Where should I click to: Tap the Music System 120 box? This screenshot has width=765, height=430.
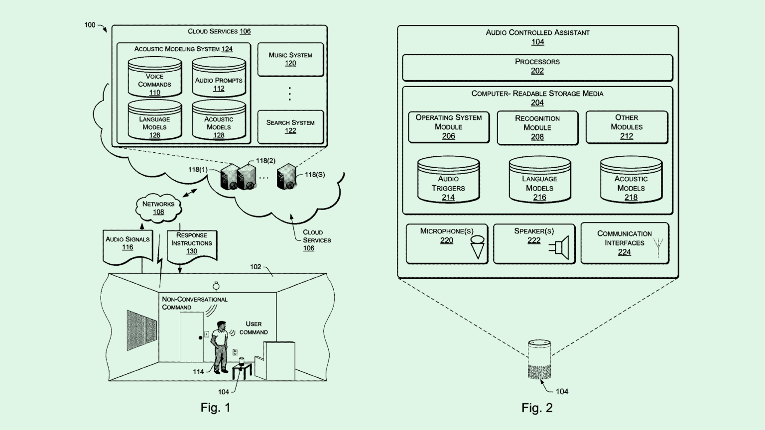(x=290, y=59)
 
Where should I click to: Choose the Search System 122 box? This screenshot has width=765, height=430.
(x=290, y=126)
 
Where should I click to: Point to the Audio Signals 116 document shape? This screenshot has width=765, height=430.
(x=127, y=245)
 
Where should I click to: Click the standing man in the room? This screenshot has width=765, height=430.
(x=219, y=346)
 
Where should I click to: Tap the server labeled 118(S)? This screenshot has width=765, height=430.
(x=287, y=177)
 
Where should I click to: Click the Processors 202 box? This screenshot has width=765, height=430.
(x=537, y=67)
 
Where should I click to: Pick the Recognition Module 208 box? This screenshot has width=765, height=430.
(x=537, y=127)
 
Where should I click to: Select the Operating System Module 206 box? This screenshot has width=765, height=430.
(x=449, y=127)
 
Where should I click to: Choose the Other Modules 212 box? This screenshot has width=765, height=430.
(x=627, y=127)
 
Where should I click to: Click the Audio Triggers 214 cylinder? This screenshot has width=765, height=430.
(x=448, y=180)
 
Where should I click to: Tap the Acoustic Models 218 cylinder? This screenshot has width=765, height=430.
(x=631, y=180)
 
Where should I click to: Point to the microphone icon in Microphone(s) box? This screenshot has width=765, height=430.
(x=477, y=246)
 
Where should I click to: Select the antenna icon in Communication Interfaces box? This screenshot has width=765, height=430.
(x=658, y=248)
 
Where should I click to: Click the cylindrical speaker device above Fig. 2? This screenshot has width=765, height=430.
(x=539, y=360)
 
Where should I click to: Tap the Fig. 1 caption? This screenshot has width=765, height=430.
(x=215, y=408)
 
